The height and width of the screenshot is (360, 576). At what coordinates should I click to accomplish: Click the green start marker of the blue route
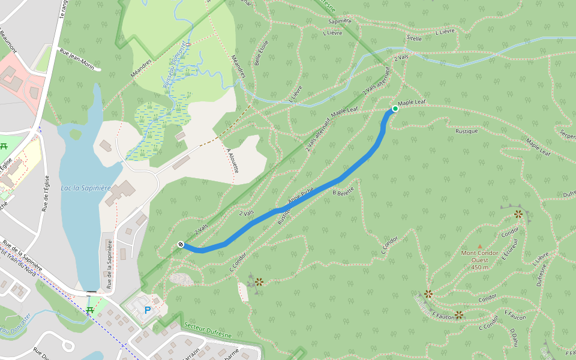coord(395,109)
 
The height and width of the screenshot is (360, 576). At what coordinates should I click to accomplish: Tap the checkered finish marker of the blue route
coord(181,244)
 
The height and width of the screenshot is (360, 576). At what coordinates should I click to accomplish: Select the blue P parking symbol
coord(147,310)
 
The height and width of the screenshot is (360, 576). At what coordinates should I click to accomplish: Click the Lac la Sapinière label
coord(86,188)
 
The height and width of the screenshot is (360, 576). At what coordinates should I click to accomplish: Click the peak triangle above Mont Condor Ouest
coord(479,246)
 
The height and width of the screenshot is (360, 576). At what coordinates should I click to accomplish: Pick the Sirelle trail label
coord(414,38)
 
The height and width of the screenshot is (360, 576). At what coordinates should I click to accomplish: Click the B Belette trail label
coord(343,191)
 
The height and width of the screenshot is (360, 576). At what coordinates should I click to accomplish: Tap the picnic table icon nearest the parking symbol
coord(90,310)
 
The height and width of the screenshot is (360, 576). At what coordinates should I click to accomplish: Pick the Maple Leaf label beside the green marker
coord(412,103)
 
